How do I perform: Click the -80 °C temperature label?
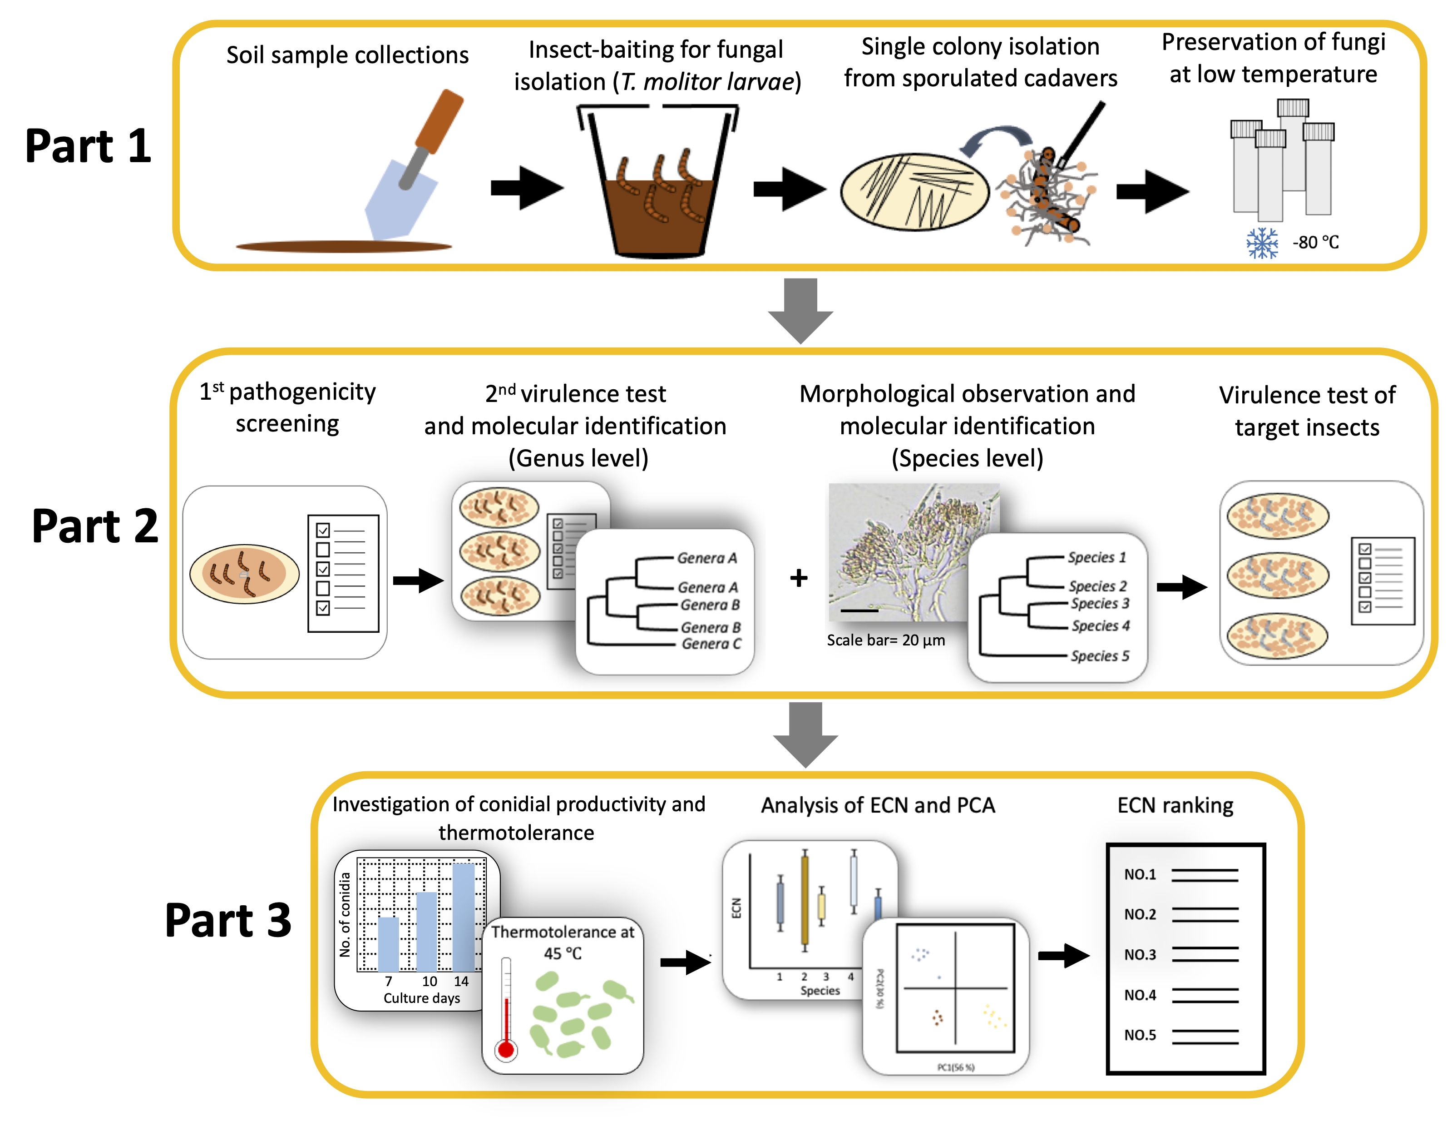point(1315,243)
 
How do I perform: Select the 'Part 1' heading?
point(88,146)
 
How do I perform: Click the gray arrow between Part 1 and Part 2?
point(800,310)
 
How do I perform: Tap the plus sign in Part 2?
point(799,578)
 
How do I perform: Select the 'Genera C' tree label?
point(711,644)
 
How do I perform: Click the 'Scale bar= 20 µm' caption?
point(886,640)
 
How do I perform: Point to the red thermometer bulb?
point(505,1049)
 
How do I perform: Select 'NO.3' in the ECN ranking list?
point(1140,954)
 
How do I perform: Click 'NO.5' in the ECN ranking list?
point(1140,1035)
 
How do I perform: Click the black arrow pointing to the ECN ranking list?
point(1063,955)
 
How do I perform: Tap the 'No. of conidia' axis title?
point(345,915)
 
